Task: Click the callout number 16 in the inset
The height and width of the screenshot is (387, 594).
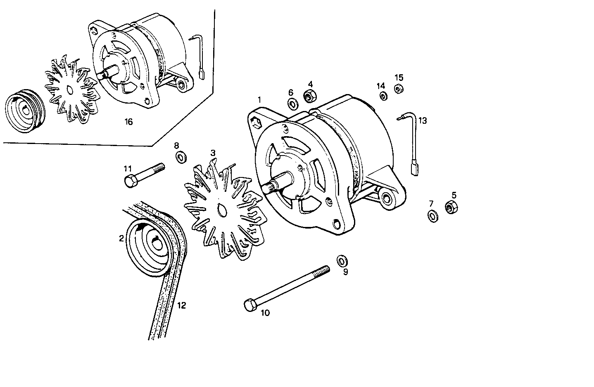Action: tap(128, 122)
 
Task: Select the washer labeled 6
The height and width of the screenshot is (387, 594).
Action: tap(292, 104)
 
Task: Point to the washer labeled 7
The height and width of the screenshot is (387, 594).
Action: tap(432, 215)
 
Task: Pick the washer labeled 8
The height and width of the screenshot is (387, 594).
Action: tap(181, 157)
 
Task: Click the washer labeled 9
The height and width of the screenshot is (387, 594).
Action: tap(342, 260)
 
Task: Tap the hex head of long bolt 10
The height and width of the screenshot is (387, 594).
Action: tap(250, 306)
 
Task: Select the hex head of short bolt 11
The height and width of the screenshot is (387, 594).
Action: tap(130, 181)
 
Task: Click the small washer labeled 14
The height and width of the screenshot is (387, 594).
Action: tap(383, 96)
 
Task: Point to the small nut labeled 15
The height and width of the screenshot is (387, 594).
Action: tap(399, 89)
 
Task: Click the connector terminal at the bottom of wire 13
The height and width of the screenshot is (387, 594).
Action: tap(414, 169)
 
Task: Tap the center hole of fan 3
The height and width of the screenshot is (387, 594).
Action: tap(221, 211)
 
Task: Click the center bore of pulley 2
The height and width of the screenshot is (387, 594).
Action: tap(157, 243)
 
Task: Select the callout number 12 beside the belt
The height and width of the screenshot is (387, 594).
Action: tap(181, 305)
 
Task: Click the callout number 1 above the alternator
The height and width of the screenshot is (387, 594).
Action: tap(259, 99)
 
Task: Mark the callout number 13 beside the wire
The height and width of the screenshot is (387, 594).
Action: tap(422, 120)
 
